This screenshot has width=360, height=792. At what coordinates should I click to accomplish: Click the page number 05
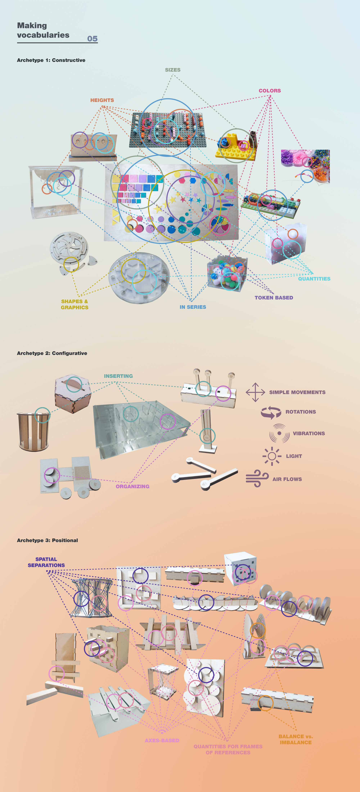point(92,39)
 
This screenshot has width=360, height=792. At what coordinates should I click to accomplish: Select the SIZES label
point(172,70)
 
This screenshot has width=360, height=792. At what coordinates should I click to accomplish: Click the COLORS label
point(270,91)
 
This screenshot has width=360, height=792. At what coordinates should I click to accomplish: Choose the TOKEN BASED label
point(274,298)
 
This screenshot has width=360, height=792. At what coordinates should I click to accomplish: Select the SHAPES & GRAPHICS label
point(74,304)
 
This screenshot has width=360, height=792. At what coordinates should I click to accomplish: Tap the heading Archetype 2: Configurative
point(52,353)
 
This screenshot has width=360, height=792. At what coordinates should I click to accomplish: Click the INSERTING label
point(118,376)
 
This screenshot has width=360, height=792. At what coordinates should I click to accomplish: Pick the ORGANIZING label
point(132,486)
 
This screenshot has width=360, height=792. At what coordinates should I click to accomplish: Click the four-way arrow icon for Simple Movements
point(255,392)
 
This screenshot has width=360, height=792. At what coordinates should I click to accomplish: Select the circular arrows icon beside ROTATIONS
point(271,412)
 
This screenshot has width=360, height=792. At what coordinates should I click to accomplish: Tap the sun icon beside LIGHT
point(272,456)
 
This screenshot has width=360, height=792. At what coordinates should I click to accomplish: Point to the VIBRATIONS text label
point(309,434)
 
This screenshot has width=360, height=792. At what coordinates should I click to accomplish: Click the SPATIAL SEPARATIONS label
point(46,562)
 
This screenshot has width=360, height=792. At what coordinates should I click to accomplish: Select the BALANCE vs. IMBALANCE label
point(295,739)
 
